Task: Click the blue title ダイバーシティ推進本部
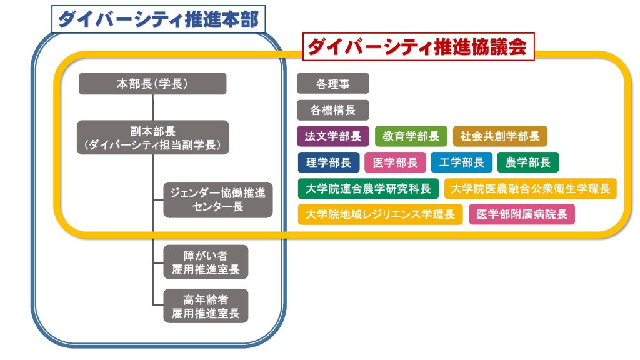(158, 19)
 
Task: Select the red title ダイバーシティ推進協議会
(418, 46)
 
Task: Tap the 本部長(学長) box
(152, 84)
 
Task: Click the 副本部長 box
(153, 137)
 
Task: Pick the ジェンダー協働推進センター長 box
(218, 199)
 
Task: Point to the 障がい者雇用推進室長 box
(206, 262)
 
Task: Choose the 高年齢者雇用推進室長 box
(206, 306)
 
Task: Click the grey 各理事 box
(333, 84)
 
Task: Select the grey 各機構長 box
(333, 110)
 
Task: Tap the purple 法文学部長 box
(333, 136)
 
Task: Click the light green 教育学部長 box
(411, 136)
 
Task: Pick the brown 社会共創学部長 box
(500, 136)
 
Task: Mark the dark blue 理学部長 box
(329, 162)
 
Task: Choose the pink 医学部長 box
(395, 162)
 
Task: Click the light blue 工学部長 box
(462, 162)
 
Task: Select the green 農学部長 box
(527, 162)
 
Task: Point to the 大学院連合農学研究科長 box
(368, 189)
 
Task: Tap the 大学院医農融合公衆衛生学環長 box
(530, 189)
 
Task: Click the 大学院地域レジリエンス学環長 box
(380, 214)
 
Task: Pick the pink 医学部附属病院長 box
(522, 214)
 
